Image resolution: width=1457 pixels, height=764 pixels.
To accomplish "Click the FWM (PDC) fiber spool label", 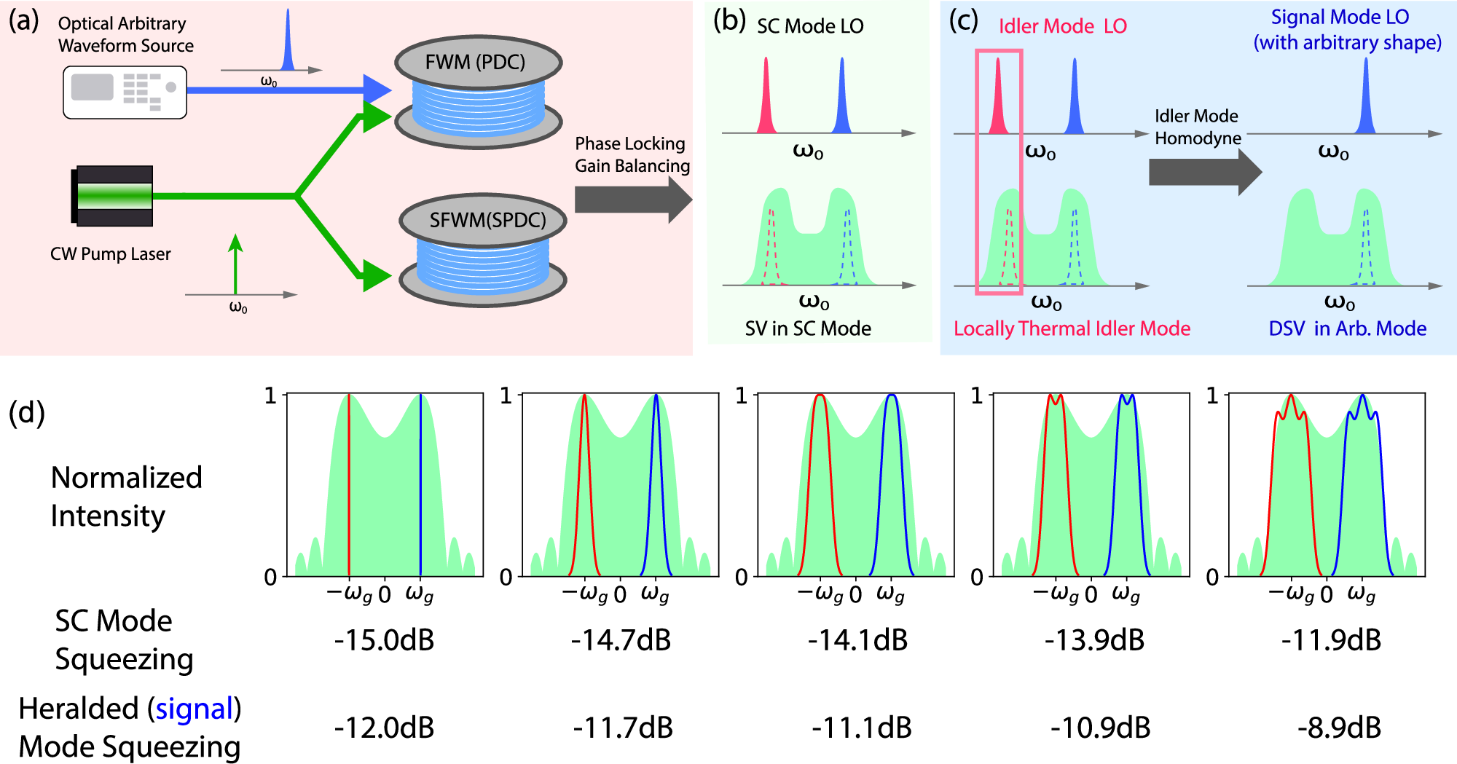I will click(475, 62).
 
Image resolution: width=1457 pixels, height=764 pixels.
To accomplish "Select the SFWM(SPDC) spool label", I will click(487, 220).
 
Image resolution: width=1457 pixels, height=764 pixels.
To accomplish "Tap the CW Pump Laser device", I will click(113, 196).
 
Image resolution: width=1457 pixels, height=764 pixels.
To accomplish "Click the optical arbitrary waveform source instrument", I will click(125, 92).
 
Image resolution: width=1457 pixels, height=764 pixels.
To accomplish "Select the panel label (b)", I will click(729, 21).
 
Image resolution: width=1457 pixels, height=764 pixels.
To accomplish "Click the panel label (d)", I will click(27, 412).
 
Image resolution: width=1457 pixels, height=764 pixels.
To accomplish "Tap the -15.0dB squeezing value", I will click(384, 640).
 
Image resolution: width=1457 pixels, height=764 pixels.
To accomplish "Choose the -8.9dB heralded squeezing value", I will click(1339, 728).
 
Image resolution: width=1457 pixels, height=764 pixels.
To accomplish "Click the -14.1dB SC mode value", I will click(857, 640).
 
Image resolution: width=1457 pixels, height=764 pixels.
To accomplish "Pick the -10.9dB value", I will click(1100, 728).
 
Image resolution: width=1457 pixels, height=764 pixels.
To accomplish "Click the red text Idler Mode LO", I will click(1062, 26).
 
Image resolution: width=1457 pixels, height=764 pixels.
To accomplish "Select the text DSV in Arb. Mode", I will click(1347, 328).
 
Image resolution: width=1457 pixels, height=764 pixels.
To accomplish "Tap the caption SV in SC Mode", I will click(808, 328).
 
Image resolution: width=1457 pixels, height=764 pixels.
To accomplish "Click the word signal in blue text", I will click(194, 709).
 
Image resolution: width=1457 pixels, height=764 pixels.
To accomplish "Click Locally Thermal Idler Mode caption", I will click(1072, 328).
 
